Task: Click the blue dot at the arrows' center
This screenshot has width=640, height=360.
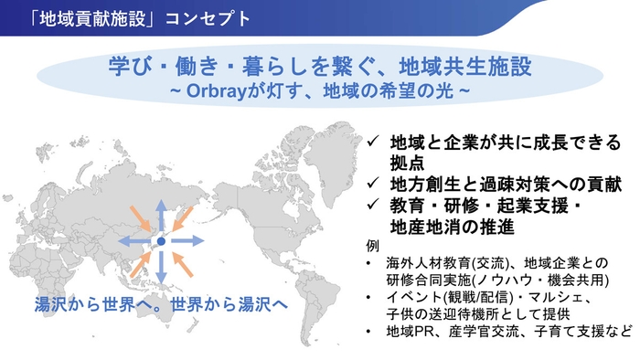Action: [160, 241]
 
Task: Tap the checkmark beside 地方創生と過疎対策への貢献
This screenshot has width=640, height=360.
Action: [375, 182]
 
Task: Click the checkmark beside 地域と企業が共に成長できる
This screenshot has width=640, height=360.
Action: [375, 143]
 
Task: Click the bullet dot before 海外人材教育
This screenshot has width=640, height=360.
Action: [368, 264]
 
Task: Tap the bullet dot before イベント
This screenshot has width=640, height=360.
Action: [368, 299]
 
